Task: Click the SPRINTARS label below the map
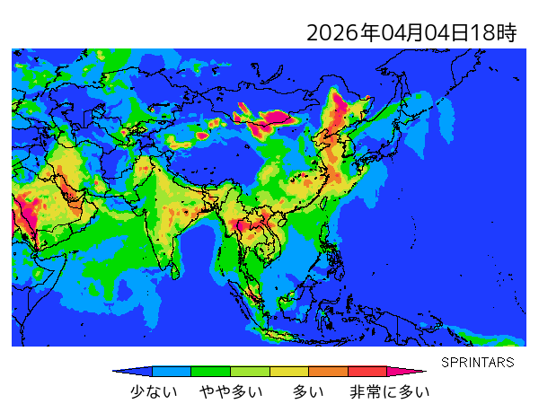pyautogui.click(x=477, y=363)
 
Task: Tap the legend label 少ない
pyautogui.click(x=154, y=391)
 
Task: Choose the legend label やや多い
pyautogui.click(x=231, y=391)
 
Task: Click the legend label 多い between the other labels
pyautogui.click(x=308, y=391)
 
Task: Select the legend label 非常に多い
pyautogui.click(x=390, y=391)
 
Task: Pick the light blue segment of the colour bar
pyautogui.click(x=172, y=371)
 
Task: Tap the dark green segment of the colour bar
pyautogui.click(x=211, y=371)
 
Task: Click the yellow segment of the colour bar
pyautogui.click(x=289, y=371)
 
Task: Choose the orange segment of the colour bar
pyautogui.click(x=328, y=371)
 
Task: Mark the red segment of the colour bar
pyautogui.click(x=367, y=371)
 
